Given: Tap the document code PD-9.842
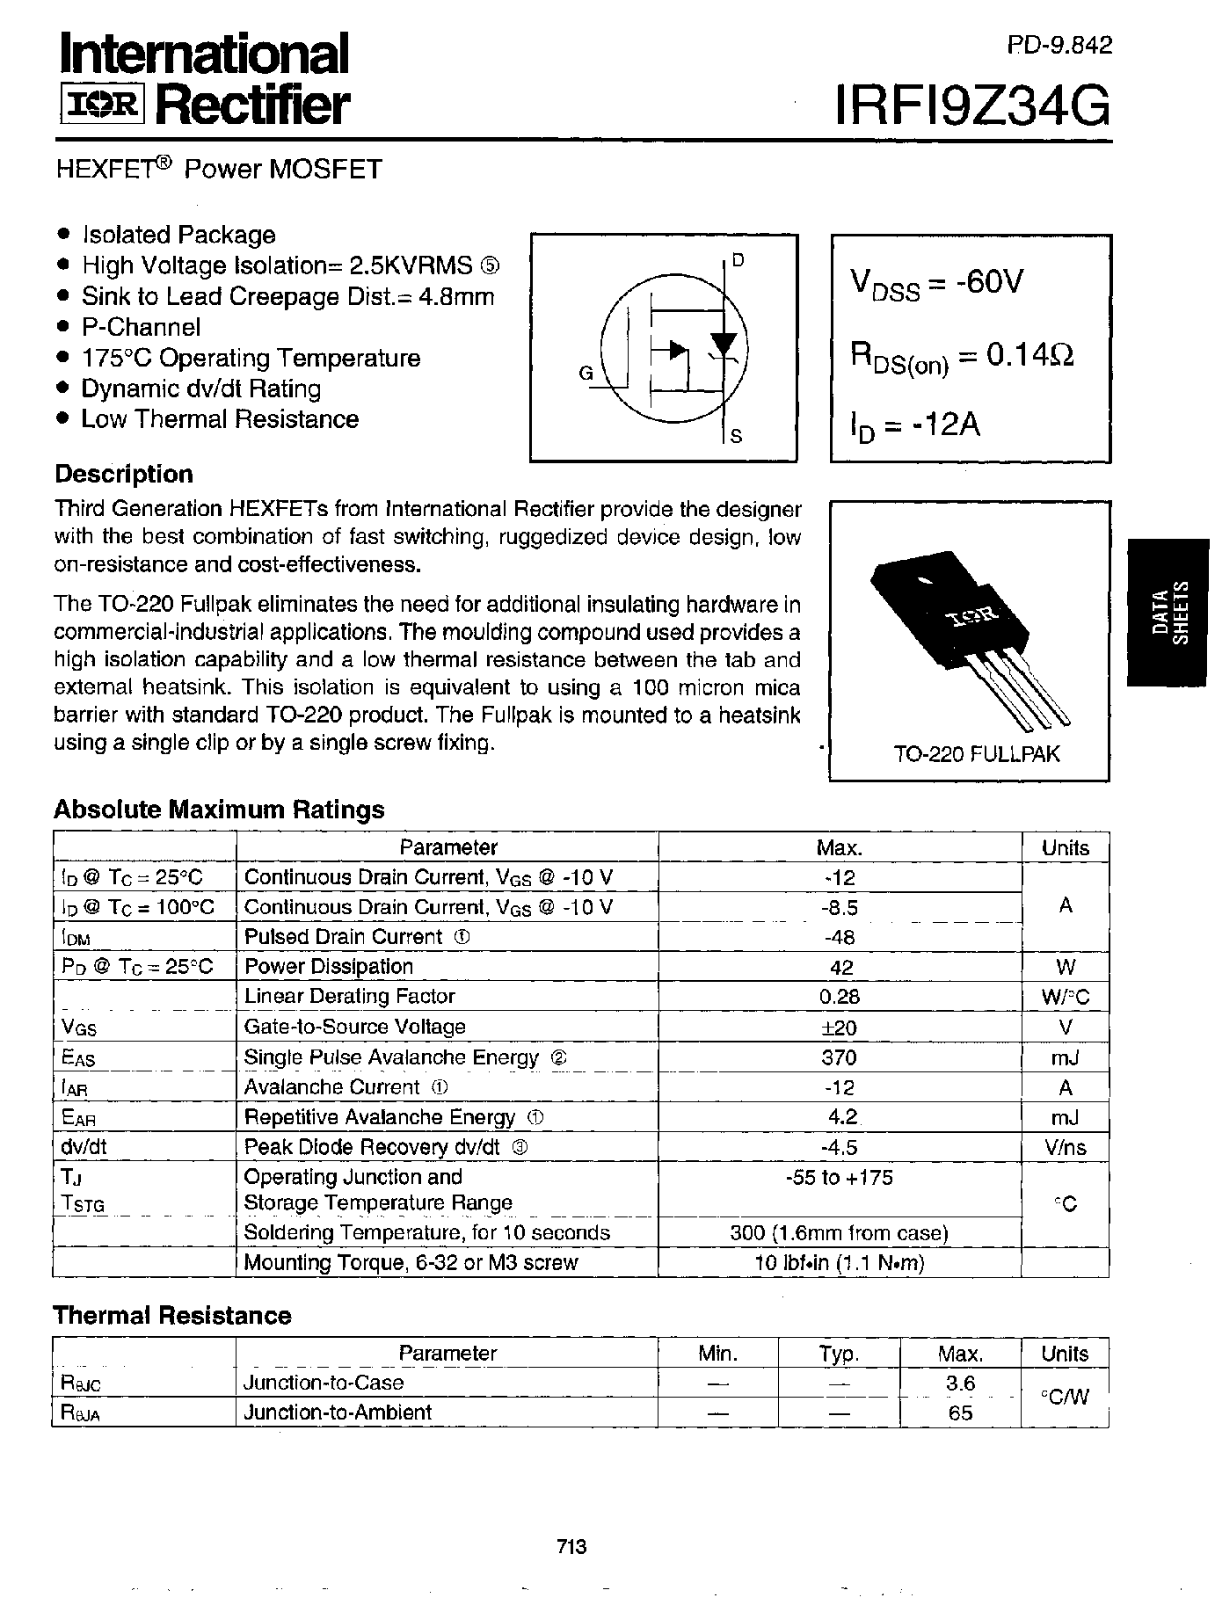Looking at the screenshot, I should click(x=1059, y=45).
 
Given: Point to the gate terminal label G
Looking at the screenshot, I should click(x=586, y=373).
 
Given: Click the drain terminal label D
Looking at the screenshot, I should click(x=738, y=259).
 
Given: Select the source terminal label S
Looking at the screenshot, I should click(x=737, y=435).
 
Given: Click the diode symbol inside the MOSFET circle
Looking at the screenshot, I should click(x=724, y=343).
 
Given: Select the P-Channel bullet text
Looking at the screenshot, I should click(x=141, y=327).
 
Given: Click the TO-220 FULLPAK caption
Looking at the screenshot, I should click(x=977, y=753).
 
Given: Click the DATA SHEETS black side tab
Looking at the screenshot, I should click(x=1169, y=612).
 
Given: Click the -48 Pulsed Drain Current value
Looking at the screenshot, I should click(x=839, y=937).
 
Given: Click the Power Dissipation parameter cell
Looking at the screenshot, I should click(x=328, y=966).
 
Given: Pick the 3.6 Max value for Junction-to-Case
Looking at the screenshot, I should click(x=959, y=1383).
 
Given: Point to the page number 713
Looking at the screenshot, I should click(x=571, y=1546).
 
